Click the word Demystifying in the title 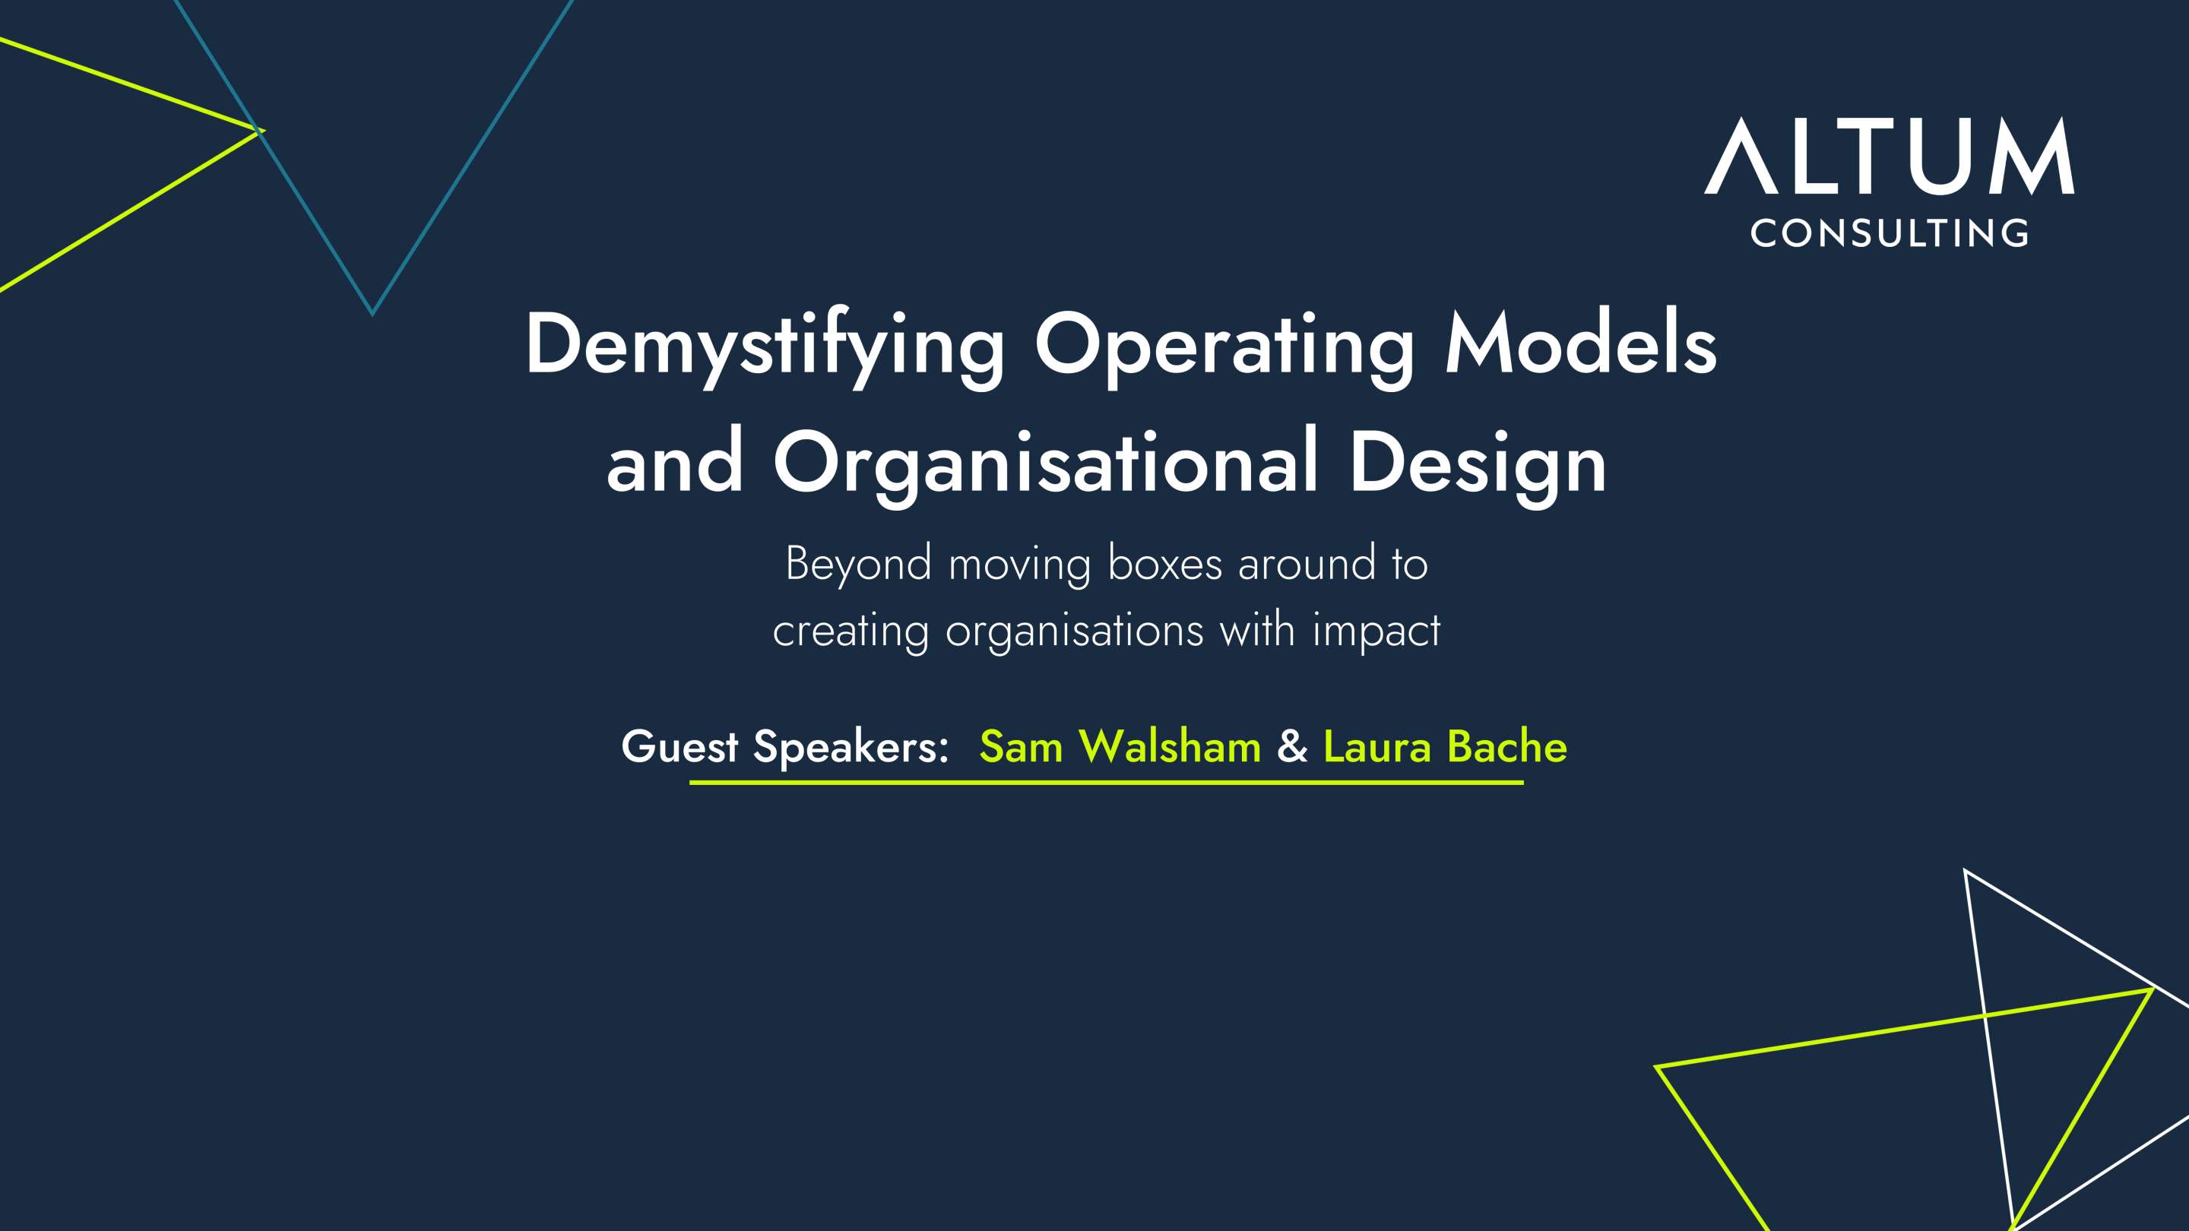(765, 347)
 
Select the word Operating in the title (1225, 347)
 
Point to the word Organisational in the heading (1045, 463)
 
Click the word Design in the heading (1478, 463)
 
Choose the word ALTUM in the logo (1889, 157)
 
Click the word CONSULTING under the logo (1889, 233)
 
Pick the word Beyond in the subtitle (858, 565)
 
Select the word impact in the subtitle (1376, 632)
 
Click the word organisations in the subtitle (1074, 632)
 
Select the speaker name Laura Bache (1445, 747)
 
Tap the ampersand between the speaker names (1291, 747)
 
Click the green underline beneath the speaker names (1107, 782)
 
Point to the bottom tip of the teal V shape (372, 315)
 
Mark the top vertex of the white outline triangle (1965, 869)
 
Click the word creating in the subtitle (851, 632)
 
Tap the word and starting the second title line (675, 463)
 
